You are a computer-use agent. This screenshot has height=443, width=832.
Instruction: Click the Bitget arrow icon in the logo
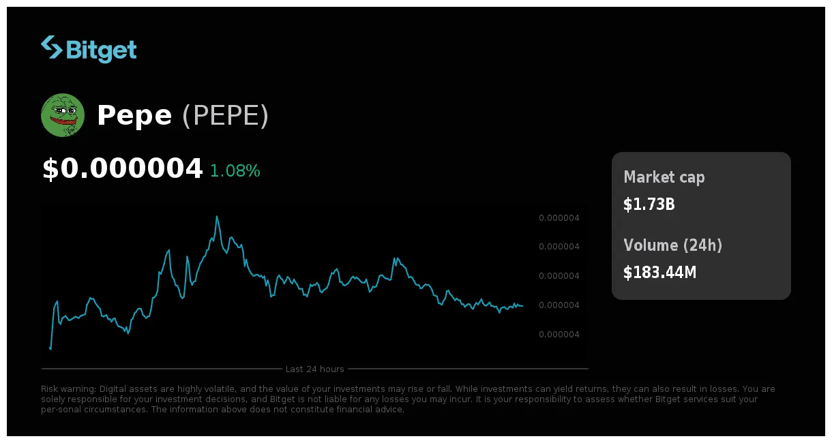click(51, 47)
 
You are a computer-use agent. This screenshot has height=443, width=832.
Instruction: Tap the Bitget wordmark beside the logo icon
click(102, 50)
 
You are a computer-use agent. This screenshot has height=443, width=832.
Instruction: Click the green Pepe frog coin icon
click(63, 115)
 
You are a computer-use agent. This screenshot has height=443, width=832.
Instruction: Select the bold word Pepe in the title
click(134, 116)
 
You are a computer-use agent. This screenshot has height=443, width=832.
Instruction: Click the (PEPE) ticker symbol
click(225, 116)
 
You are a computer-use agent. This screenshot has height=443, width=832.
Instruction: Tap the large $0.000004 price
click(123, 169)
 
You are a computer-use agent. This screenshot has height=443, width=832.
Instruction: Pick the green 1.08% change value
click(235, 171)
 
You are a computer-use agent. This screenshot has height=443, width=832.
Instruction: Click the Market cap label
click(664, 177)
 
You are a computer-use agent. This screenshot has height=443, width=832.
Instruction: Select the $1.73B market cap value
click(649, 204)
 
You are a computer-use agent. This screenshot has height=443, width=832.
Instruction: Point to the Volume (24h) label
click(672, 245)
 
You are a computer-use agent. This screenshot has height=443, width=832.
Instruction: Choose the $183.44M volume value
click(660, 273)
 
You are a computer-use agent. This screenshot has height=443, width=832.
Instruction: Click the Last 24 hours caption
click(315, 369)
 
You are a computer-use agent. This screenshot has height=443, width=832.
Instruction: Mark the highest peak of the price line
click(217, 217)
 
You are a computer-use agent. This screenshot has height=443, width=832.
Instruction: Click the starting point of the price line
click(50, 348)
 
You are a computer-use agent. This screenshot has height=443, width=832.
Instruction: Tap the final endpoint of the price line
click(523, 306)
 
